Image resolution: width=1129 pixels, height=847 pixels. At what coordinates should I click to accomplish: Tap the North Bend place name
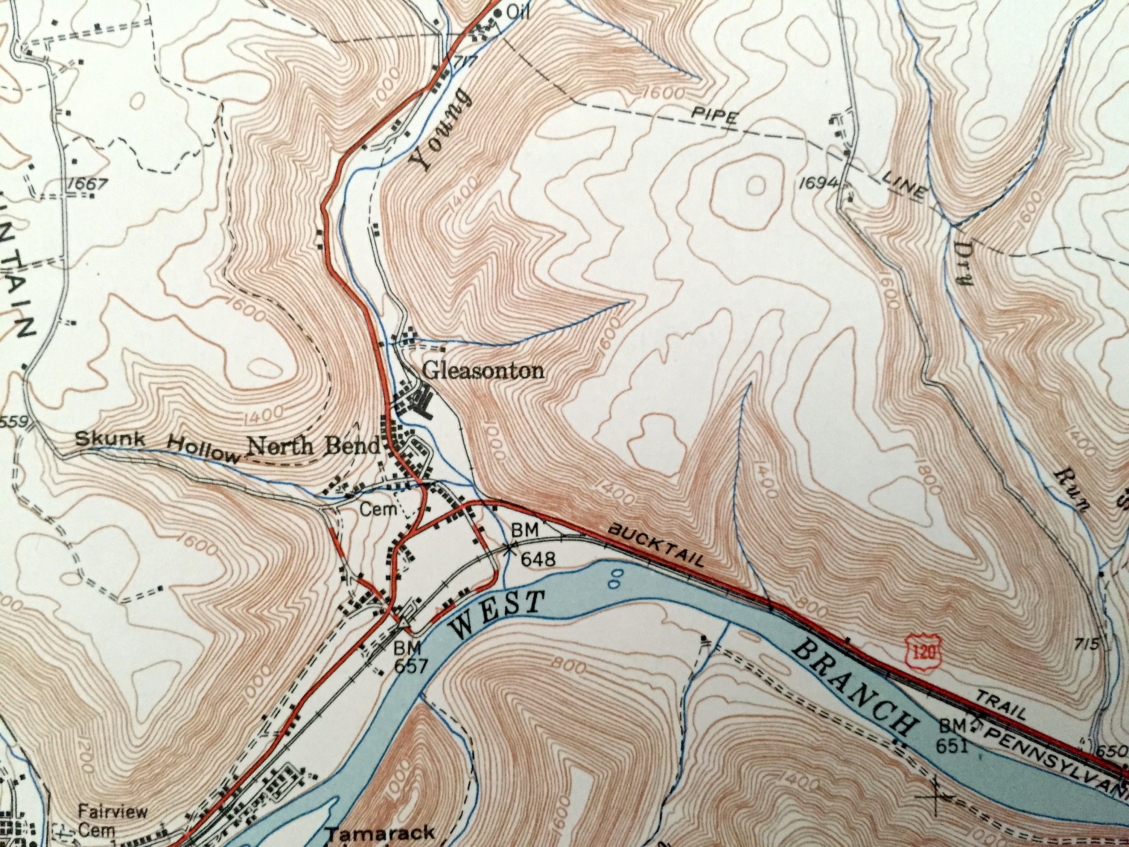[314, 447]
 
